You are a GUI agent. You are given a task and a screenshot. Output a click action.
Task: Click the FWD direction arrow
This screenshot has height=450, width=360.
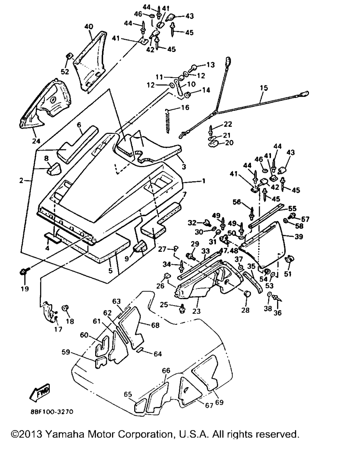pos(40,393)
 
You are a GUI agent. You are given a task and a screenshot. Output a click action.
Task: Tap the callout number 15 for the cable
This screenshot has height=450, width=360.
pos(263,88)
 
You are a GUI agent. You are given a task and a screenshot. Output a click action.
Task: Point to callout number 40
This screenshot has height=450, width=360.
pos(89,26)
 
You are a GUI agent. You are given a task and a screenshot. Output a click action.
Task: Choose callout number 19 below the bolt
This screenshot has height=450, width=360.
pos(25,289)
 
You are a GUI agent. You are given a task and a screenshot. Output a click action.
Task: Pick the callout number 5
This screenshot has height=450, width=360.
pos(110,271)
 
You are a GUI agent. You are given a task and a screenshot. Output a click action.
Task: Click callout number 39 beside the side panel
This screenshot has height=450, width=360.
pos(298,237)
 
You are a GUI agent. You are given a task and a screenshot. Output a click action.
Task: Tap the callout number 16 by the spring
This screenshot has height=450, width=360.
pos(185,107)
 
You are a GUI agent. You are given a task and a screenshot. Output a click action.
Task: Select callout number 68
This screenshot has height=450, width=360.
pos(155,326)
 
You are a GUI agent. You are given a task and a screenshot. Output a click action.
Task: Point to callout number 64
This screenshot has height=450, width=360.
pos(158,354)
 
